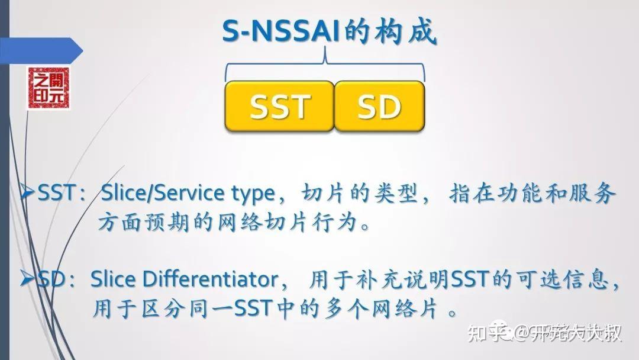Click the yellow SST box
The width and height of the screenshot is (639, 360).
tap(279, 106)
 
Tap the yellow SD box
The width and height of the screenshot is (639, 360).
tap(379, 106)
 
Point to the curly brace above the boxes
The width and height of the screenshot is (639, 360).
tap(325, 68)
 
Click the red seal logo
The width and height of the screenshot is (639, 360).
tap(48, 88)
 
